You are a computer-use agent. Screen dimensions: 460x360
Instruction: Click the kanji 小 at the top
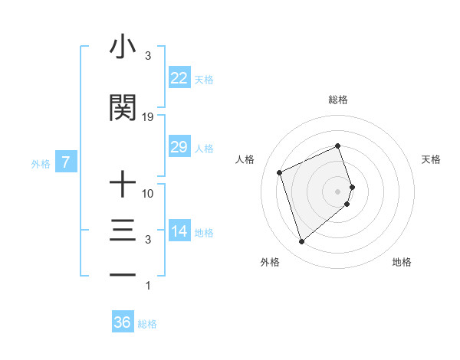coord(123,47)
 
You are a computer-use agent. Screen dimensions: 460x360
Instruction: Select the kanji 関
coord(123,108)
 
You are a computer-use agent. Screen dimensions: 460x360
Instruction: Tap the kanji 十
coord(123,185)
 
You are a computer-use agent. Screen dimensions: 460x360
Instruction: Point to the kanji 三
coord(123,231)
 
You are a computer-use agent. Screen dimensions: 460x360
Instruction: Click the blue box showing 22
coord(179,78)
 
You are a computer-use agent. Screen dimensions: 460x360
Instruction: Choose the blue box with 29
coord(179,147)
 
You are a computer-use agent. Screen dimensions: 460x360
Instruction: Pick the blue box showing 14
coord(179,231)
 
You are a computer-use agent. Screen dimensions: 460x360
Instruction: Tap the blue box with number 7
coord(66,162)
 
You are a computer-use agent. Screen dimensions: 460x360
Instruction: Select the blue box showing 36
coord(122,323)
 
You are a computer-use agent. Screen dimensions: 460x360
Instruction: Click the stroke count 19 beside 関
coord(148,117)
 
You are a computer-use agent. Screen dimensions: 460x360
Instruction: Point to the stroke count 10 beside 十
coord(148,194)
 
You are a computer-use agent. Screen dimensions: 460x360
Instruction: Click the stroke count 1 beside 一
coord(148,286)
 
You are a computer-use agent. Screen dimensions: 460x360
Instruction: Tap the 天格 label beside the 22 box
coord(204,79)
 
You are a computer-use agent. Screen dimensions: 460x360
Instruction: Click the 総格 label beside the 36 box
coord(147,324)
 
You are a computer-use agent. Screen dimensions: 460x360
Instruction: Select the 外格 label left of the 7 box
coord(41,163)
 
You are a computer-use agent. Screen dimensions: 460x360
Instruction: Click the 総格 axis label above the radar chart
coord(338,100)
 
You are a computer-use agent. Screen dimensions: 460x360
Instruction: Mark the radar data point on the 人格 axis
coord(280,172)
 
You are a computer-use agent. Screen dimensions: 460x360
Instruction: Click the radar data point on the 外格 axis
coord(301,242)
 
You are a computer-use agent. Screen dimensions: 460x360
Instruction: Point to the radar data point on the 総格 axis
coord(338,146)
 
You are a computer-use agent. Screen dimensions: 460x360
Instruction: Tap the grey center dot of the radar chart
coord(338,191)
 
